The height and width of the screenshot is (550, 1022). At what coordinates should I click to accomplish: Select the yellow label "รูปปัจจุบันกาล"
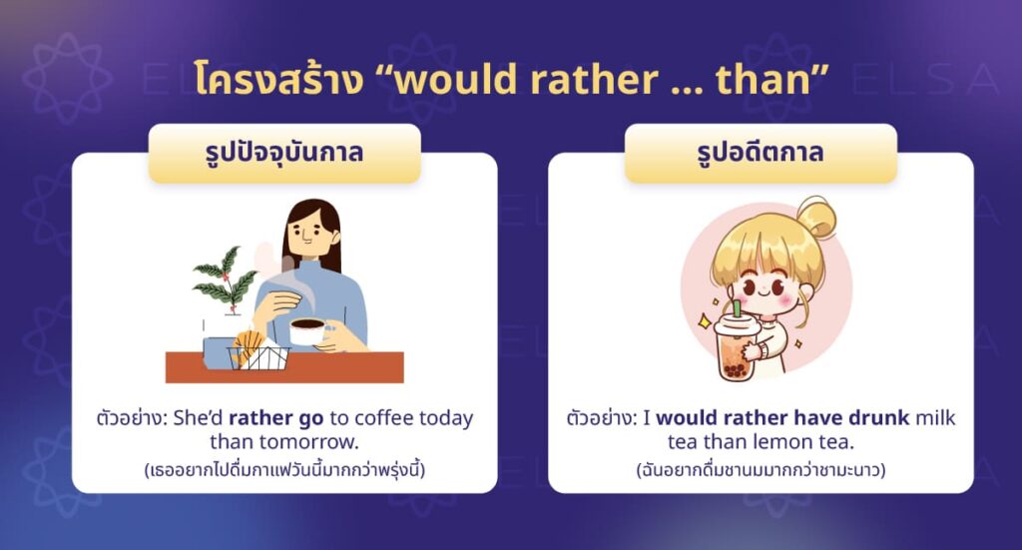pos(284,154)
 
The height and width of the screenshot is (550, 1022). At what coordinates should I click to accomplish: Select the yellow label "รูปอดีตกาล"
pos(761,154)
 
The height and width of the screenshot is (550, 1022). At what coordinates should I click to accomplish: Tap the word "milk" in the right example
pos(935,418)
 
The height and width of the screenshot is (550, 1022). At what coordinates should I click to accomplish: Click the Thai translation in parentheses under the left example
pos(284,467)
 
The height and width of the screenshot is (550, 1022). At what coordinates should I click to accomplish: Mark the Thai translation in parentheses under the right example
pos(761,467)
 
